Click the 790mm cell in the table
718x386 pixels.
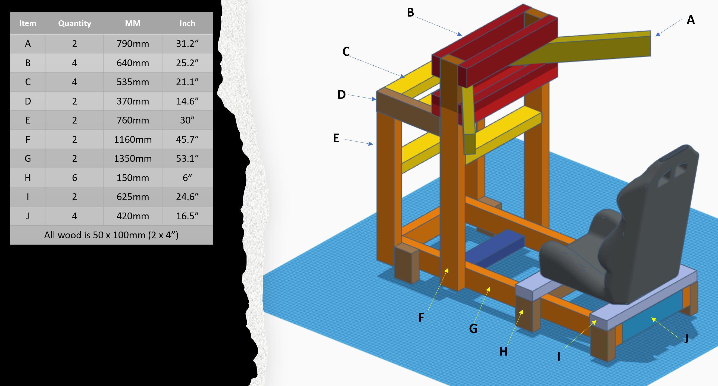pos(133,44)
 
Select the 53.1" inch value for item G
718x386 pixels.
pos(187,159)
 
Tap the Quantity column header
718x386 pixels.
pos(74,23)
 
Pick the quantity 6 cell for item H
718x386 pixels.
pos(74,178)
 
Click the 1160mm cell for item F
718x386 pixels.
pos(133,139)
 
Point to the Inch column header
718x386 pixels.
pos(187,23)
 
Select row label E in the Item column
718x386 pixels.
pos(28,120)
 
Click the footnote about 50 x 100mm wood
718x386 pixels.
pos(111,235)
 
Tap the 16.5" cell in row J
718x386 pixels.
pos(187,216)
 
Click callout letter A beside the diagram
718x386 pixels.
pos(690,20)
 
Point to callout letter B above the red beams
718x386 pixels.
pos(410,12)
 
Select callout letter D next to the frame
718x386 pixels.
pos(341,95)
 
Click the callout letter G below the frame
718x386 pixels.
pos(473,329)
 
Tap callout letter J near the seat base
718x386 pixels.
pos(686,339)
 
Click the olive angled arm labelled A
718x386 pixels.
pos(599,47)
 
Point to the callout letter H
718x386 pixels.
pos(503,352)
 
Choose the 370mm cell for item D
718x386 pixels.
pos(133,101)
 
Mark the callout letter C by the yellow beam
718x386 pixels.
pos(346,52)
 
